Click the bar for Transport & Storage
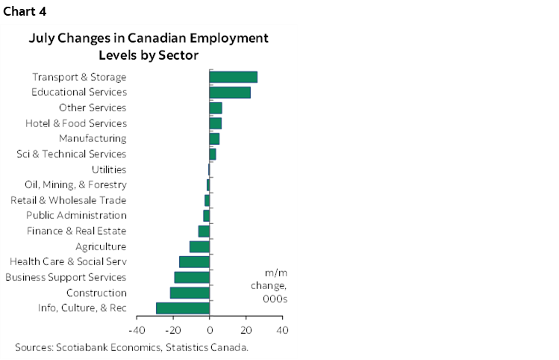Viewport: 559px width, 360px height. (233, 77)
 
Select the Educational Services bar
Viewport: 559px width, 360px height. (230, 93)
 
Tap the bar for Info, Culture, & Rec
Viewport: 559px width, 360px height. (183, 308)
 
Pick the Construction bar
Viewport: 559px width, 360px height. (190, 293)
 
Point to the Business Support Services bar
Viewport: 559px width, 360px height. (192, 277)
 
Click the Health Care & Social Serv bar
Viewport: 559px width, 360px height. (194, 261)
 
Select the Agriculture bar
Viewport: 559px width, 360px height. (199, 246)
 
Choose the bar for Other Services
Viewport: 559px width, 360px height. (216, 108)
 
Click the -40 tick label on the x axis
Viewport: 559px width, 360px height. (137, 329)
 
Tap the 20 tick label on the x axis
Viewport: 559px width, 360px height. (246, 329)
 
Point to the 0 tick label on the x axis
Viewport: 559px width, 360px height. (210, 329)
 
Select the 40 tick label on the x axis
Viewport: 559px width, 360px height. (281, 329)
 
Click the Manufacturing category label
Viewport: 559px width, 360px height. (93, 138)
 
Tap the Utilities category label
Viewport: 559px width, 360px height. (108, 170)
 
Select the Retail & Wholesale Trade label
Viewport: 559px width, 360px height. (69, 200)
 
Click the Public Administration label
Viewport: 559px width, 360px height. (76, 216)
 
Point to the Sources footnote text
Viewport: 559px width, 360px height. (131, 347)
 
